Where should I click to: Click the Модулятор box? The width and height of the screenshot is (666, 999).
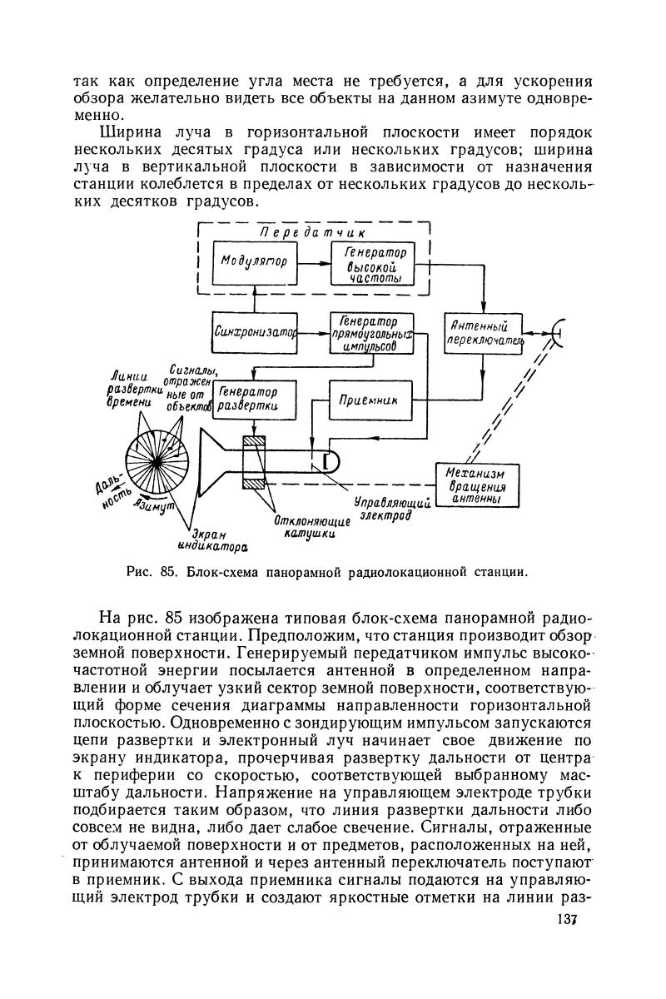pos(255,262)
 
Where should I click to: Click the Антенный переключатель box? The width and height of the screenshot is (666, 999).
pos(484,335)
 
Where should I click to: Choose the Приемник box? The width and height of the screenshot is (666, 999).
pos(369,400)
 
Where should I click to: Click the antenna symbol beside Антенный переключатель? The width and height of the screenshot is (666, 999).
pos(556,333)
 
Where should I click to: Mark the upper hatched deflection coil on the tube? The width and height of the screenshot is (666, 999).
pos(251,442)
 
